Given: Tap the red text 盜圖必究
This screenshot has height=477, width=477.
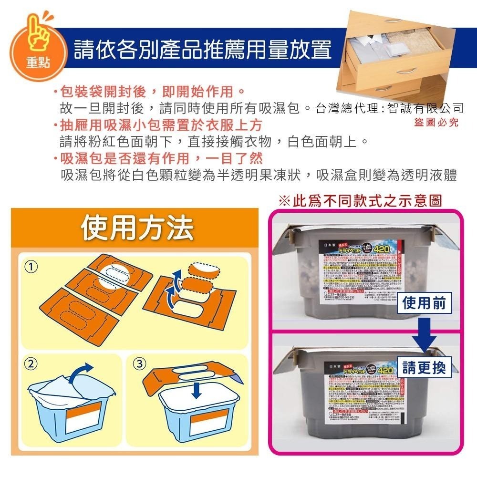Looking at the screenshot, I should click(436, 123).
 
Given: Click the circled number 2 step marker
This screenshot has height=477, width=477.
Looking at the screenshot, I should click(31, 364).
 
